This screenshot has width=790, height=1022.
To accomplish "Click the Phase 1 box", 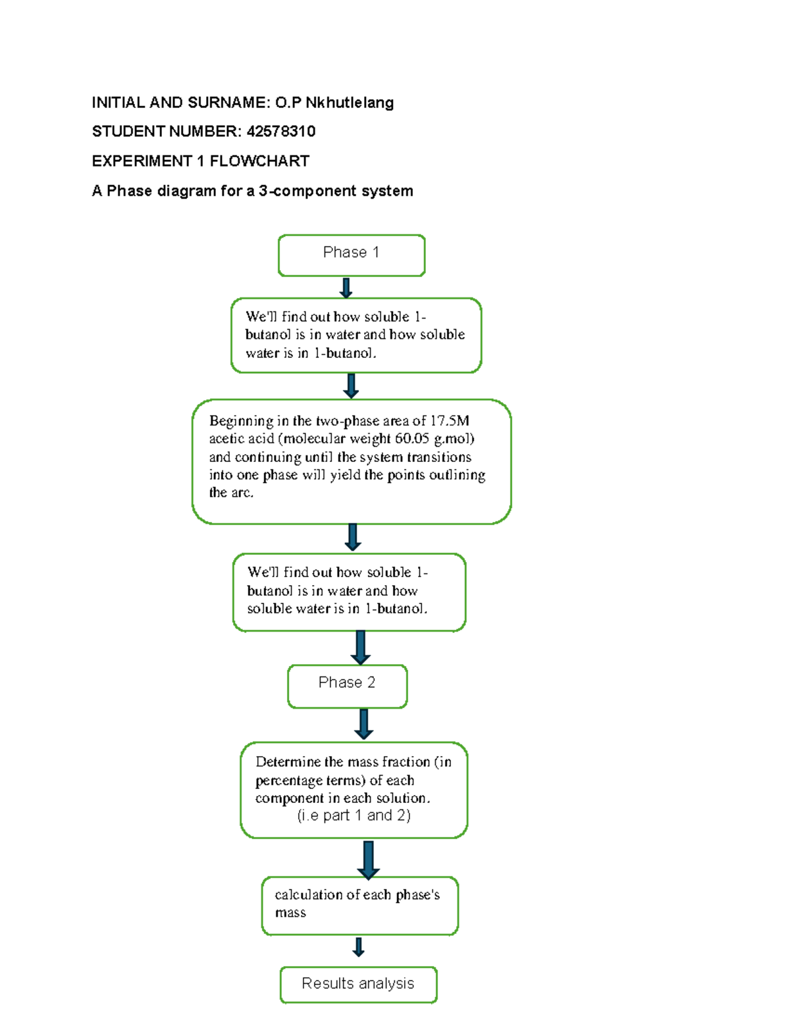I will coord(352,255).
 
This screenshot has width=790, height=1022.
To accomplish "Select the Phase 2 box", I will coord(347,686).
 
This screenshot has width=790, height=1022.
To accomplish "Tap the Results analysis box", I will coord(358,984).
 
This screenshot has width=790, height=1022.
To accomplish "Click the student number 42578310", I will coord(281,132).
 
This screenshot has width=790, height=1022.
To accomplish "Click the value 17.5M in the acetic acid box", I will coord(450,421).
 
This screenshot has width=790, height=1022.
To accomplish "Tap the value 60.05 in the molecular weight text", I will coord(412,438).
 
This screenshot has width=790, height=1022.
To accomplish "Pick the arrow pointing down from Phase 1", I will coord(346,288).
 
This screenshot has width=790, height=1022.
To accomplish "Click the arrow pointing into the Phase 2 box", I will coord(360,648).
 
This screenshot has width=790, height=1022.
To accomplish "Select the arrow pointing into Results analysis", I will coord(358,947).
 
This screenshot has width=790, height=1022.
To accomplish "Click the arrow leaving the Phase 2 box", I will coord(363,724).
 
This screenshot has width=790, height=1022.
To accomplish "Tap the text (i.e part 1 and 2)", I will coord(354,815).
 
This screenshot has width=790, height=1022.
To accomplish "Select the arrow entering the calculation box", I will coord(368,859).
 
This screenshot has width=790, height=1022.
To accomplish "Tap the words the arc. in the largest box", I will coord(231,492).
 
